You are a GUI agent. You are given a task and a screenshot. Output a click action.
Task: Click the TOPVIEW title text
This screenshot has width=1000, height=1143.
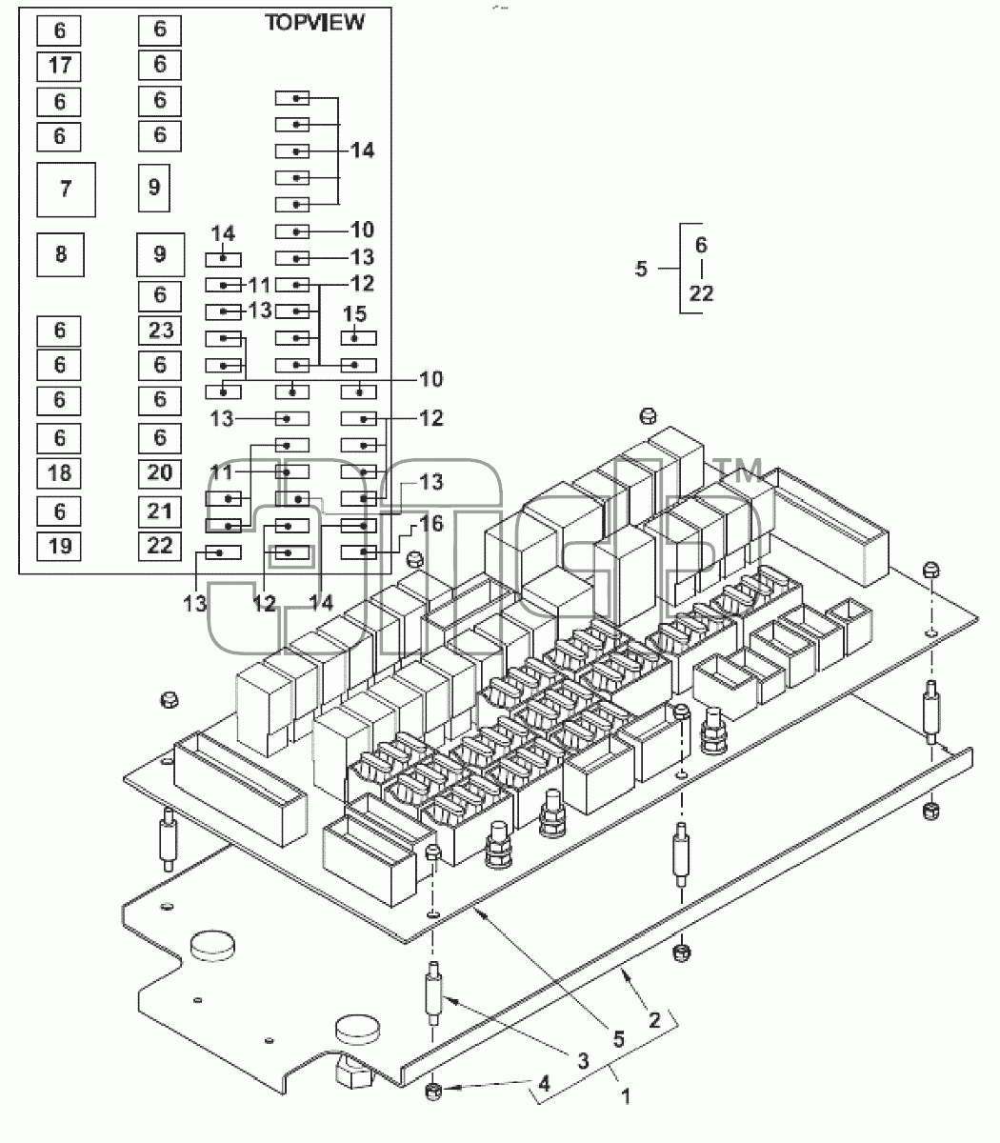pos(314,23)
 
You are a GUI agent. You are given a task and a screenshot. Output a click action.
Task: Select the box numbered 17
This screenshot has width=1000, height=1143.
pos(59,66)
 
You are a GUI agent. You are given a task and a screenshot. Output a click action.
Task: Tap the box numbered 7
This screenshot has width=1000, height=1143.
pos(66,190)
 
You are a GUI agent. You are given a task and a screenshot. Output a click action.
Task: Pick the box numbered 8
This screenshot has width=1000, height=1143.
pos(60,254)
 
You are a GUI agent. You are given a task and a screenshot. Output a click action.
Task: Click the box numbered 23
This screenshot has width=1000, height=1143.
pos(160,331)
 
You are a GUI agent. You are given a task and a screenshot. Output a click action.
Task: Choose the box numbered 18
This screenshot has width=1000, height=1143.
pos(59,473)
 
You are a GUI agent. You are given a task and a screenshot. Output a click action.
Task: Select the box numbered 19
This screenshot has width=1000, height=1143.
pos(59,546)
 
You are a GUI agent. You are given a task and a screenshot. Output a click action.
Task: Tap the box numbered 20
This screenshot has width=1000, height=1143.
pos(160,473)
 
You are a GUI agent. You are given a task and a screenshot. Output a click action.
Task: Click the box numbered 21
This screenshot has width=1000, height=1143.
pos(160,511)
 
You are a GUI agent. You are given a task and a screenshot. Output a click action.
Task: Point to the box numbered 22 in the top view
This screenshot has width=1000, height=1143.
pos(160,546)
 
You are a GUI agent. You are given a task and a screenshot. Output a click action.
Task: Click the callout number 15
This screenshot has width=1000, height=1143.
pos(354,314)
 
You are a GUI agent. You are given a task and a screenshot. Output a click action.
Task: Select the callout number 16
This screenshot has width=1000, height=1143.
pos(430,524)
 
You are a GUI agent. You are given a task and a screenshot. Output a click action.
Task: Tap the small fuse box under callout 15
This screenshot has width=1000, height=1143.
pos(359,338)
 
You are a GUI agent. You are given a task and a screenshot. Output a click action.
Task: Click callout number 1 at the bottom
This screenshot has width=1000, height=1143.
pos(626,1096)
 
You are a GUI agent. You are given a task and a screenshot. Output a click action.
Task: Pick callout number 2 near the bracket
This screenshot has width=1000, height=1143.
pos(654,1020)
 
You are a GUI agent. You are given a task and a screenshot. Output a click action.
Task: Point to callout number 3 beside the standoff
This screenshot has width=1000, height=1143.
pos(583,1060)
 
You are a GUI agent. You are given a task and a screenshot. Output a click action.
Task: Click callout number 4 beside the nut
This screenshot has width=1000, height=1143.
pos(544,1084)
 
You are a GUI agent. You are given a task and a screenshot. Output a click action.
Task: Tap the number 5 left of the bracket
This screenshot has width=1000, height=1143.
pos(641,269)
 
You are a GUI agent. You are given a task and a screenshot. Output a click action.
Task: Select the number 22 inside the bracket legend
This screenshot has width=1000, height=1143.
pos(701,293)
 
